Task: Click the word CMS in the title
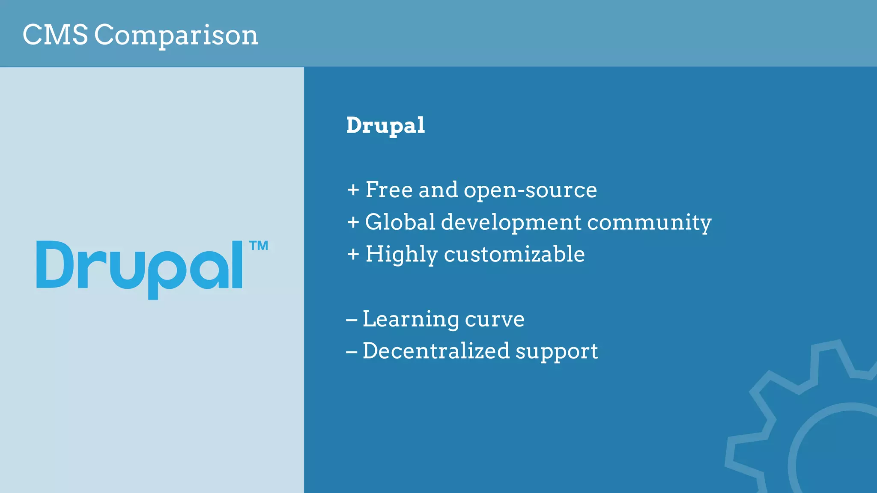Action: click(x=55, y=35)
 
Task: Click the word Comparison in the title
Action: click(x=176, y=36)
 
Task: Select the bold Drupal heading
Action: click(x=385, y=126)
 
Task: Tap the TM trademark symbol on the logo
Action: click(x=259, y=246)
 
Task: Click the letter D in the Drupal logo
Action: click(x=55, y=264)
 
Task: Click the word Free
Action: click(x=389, y=190)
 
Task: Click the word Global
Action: click(x=400, y=222)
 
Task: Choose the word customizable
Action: click(x=514, y=254)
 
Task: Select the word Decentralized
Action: click(x=436, y=351)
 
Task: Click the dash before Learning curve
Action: click(x=352, y=320)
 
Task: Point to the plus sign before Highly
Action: click(x=353, y=254)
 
